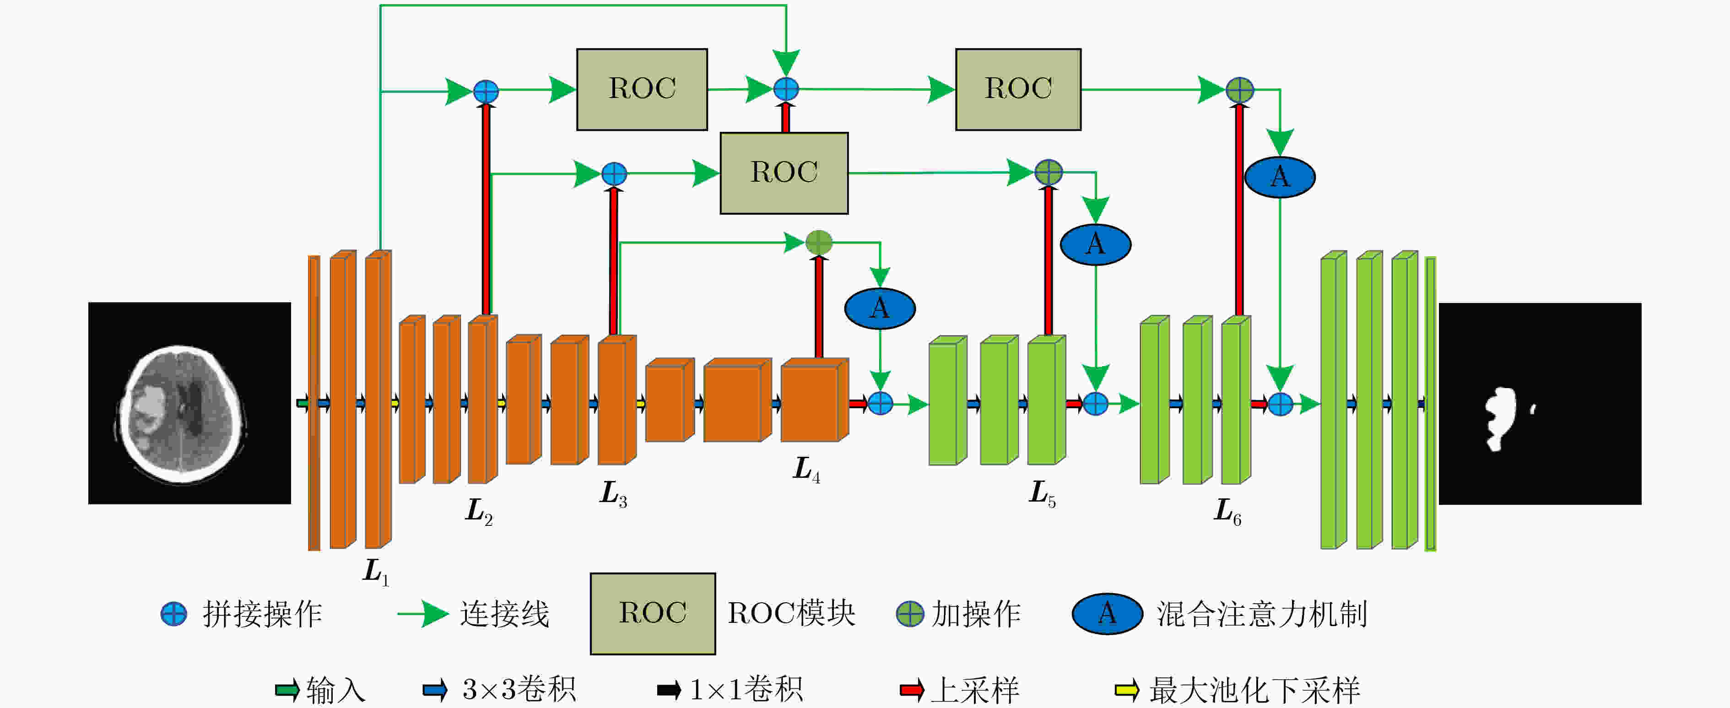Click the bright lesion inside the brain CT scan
tap(149, 406)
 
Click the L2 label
tap(479, 512)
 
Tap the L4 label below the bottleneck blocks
tap(806, 469)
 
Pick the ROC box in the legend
tap(653, 613)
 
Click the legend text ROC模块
tap(792, 613)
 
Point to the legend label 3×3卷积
tap(519, 690)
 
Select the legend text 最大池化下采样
tap(1254, 690)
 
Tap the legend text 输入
tap(336, 690)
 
